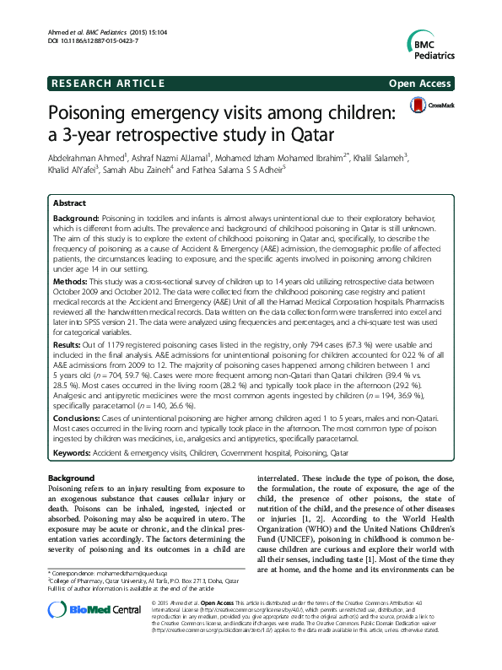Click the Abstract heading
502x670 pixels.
pyautogui.click(x=70, y=203)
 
